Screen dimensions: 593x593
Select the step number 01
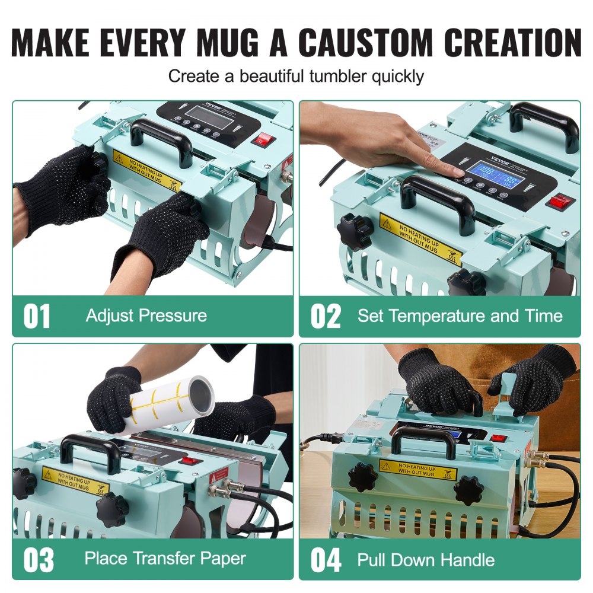37,317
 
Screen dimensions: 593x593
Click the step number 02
326,317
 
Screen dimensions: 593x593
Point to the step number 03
39,560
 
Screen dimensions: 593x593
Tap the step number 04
326,560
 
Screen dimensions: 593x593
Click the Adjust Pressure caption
146,315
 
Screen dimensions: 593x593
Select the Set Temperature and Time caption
460,315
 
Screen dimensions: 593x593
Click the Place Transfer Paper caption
165,558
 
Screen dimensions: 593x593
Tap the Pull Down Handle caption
426,559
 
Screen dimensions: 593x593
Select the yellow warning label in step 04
418,469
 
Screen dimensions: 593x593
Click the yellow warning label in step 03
67,480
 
